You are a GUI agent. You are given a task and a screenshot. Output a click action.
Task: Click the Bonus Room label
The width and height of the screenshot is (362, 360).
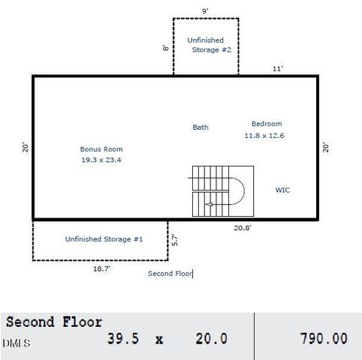[x=101, y=149]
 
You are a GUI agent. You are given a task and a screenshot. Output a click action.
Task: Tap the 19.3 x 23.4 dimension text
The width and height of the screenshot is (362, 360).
[x=101, y=160]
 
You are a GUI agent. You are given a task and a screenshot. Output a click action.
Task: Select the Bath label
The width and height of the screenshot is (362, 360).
[x=201, y=127]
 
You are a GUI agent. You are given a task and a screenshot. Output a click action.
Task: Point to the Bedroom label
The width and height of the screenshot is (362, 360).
[x=267, y=124]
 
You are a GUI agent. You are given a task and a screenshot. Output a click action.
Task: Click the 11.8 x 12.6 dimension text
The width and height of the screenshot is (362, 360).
[x=264, y=136]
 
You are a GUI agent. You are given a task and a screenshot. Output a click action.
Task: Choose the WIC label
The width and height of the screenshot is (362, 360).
[x=282, y=190]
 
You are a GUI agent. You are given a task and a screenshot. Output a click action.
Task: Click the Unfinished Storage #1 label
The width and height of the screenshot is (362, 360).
[x=104, y=239]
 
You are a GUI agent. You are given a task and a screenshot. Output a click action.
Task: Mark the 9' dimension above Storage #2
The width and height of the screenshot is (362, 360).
[x=205, y=11]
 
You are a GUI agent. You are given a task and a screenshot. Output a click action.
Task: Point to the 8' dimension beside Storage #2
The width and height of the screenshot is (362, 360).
[x=166, y=47]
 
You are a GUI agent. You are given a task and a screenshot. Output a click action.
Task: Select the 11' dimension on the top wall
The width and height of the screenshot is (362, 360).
[x=277, y=68]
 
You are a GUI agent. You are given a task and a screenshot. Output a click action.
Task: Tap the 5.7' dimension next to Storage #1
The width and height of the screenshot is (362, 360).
[x=174, y=240]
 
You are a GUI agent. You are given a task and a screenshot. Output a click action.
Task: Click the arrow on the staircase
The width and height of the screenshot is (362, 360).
[x=210, y=204]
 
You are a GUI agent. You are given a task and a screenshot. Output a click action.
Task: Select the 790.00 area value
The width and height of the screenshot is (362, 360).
[x=324, y=340]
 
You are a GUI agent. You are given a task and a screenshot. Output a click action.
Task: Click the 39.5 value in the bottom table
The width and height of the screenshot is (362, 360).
[x=123, y=340]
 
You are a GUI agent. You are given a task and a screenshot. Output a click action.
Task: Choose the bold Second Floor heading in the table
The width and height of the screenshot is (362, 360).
[x=54, y=322]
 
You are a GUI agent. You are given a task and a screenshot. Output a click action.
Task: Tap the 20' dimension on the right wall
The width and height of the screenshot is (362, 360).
[x=326, y=148]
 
